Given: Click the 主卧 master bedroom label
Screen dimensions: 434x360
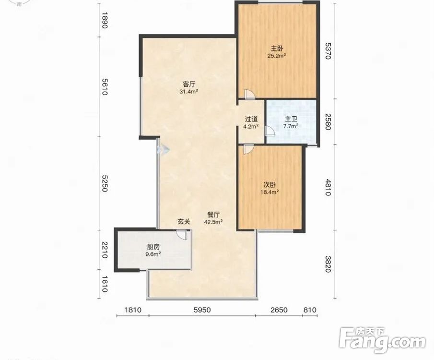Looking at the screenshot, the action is click(277, 49).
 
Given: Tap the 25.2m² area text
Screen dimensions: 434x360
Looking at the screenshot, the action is click(277, 56).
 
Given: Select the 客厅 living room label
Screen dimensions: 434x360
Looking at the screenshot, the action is click(189, 84).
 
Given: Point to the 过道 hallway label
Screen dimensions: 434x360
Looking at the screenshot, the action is click(251, 119).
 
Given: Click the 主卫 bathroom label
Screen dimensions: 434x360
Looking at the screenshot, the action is click(291, 119).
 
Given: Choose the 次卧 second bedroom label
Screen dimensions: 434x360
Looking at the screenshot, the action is click(270, 185).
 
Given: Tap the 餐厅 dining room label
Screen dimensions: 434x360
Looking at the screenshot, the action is click(214, 215).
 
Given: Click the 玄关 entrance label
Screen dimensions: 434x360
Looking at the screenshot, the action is click(184, 221).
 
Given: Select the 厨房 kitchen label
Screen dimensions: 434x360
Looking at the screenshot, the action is click(153, 247).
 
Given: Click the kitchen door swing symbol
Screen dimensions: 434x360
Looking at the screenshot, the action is click(182, 234).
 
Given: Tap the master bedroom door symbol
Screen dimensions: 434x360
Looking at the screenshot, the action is click(250, 95).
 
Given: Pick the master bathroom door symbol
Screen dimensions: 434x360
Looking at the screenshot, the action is click(270, 131).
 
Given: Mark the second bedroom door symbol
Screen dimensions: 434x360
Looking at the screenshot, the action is click(248, 149).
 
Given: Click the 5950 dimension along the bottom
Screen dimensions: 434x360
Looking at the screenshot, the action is click(202, 310).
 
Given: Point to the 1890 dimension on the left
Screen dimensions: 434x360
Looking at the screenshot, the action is click(104, 20).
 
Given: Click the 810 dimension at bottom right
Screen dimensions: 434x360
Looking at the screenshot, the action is click(310, 310).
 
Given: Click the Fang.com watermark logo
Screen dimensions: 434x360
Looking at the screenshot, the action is click(382, 341).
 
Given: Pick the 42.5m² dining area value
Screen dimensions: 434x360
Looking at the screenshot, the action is click(213, 222).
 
